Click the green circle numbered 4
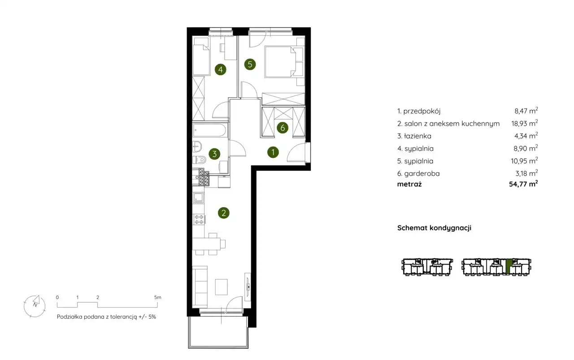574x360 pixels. [x=220, y=69]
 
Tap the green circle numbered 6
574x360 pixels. [x=283, y=128]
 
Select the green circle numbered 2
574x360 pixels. [x=223, y=213]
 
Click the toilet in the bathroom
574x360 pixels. [x=200, y=160]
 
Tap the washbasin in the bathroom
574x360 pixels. [x=197, y=147]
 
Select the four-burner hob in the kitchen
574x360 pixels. [x=199, y=220]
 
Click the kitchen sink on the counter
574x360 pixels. [x=199, y=198]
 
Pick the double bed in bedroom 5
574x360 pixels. [x=280, y=61]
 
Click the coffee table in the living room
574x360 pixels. [x=222, y=287]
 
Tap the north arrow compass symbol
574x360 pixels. [x=35, y=306]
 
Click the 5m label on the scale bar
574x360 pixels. [x=157, y=298]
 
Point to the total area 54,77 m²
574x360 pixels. [x=523, y=184]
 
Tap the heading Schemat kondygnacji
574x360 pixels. [x=434, y=228]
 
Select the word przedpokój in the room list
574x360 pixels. [x=422, y=111]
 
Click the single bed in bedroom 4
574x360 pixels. [x=201, y=60]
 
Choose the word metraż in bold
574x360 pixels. [x=409, y=184]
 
